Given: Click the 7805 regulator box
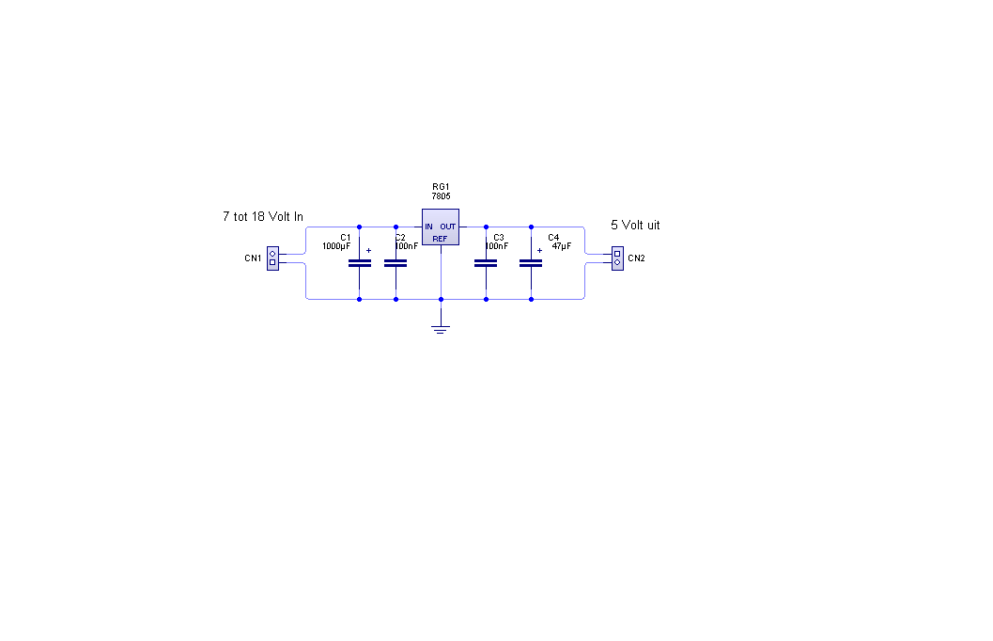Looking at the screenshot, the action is (x=441, y=227).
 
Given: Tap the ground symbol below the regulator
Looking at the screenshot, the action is (x=441, y=329).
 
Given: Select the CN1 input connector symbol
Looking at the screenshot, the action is (x=273, y=258).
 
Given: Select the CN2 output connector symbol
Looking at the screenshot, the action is (x=617, y=258).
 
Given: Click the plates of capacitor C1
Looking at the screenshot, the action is (x=360, y=263).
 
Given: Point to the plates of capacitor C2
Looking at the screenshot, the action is (x=396, y=263).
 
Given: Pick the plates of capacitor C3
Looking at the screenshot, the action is (x=486, y=263).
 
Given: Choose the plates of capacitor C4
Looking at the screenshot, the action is (x=531, y=263).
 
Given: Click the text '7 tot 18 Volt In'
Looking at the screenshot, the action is (x=263, y=216).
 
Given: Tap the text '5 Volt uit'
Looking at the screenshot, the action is (x=635, y=225).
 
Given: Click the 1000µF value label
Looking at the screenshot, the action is (x=336, y=246).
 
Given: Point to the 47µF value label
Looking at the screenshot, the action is (x=561, y=246).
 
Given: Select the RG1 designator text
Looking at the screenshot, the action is (x=441, y=187).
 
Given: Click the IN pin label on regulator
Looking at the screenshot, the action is (x=428, y=227).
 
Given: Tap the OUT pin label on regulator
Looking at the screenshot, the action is (x=448, y=227).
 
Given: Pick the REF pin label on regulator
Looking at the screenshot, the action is (x=440, y=239).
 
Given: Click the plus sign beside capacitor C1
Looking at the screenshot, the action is (x=368, y=251).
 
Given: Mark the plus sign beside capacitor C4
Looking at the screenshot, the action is (x=539, y=251).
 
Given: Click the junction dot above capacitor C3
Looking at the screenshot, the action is (x=486, y=227).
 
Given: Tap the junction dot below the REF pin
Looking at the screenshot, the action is (x=441, y=299).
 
